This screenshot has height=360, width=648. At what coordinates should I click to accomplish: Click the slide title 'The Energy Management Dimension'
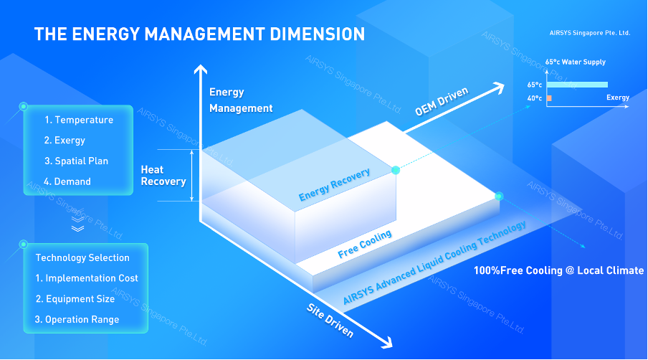tap(199, 34)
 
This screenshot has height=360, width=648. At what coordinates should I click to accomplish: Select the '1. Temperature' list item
tap(79, 120)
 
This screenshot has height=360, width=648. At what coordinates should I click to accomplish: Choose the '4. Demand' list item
tap(67, 181)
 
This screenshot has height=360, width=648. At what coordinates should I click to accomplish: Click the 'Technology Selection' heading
tap(82, 257)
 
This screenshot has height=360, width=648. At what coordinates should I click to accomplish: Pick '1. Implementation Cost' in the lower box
tap(87, 278)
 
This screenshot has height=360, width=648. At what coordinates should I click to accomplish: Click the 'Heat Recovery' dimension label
tap(163, 176)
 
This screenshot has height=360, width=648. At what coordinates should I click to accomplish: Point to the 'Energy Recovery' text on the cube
tap(335, 185)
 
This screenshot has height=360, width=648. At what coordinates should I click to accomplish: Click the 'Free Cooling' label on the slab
tap(365, 245)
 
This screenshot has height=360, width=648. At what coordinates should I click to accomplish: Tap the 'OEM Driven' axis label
tap(441, 102)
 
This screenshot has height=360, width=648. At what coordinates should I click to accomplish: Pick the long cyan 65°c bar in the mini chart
tap(576, 85)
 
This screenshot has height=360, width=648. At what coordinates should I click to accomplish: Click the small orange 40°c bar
tap(548, 98)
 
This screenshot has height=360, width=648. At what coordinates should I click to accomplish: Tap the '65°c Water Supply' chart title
tap(575, 62)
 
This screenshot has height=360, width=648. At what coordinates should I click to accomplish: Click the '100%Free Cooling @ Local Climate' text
tap(558, 270)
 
